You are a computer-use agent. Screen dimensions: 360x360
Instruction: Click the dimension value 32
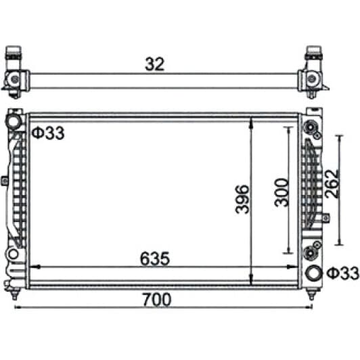pyautogui.click(x=155, y=64)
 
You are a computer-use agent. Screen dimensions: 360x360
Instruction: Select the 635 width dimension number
pyautogui.click(x=155, y=258)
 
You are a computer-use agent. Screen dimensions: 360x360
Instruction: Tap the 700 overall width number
pyautogui.click(x=157, y=299)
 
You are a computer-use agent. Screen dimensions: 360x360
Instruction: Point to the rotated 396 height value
pyautogui.click(x=242, y=199)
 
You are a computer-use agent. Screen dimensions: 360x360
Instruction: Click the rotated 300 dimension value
pyautogui.click(x=282, y=192)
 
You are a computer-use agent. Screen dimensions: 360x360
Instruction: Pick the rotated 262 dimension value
pyautogui.click(x=332, y=183)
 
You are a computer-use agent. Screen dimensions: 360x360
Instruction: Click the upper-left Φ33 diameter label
pyautogui.click(x=48, y=133)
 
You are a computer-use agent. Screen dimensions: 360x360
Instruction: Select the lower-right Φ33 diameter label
pyautogui.click(x=342, y=273)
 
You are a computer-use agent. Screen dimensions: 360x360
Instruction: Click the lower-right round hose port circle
pyautogui.click(x=313, y=273)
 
